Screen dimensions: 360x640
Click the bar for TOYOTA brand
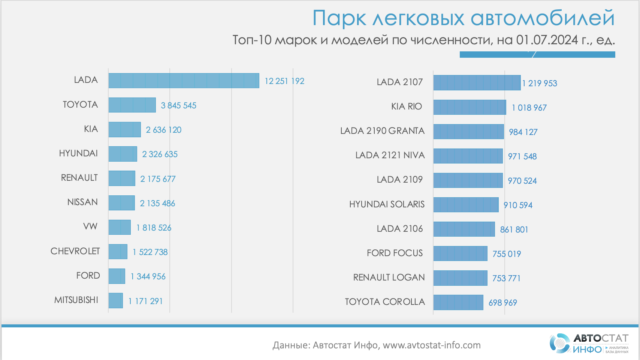coord(132,105)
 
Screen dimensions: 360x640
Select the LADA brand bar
coord(184,81)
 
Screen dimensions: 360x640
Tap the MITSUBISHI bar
coord(116,301)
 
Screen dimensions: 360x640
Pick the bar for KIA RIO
coord(470,107)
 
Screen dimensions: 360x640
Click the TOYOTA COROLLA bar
coord(458,302)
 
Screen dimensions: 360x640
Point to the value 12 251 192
coord(284,81)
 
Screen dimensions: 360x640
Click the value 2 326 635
coord(160,154)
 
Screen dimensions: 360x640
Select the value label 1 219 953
coord(540,83)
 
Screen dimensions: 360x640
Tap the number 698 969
coord(502,303)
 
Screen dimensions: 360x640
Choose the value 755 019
coord(507,254)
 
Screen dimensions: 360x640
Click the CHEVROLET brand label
coord(75,251)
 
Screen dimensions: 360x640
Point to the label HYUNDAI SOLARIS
coord(387,204)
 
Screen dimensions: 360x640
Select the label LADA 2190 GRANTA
coord(382,131)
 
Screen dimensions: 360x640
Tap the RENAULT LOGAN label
coord(389,277)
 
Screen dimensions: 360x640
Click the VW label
coord(90,226)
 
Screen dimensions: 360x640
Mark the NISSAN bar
coord(121,203)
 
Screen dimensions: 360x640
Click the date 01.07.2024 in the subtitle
coord(547,40)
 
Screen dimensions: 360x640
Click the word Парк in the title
coord(339,18)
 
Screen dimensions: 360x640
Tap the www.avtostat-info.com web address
coord(432,345)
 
